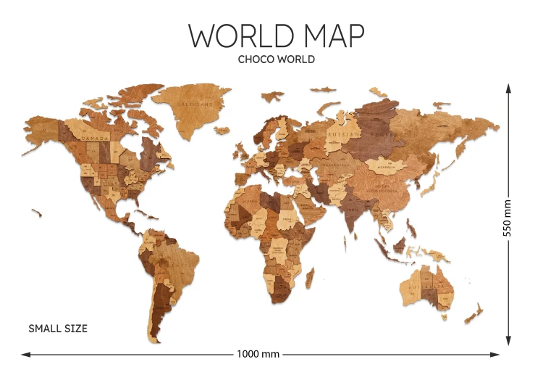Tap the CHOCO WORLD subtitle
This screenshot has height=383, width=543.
(x=276, y=59)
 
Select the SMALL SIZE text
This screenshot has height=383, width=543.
(x=58, y=329)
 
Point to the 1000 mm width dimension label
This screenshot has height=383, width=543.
(x=258, y=355)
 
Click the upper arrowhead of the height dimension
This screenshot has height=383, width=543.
(x=508, y=88)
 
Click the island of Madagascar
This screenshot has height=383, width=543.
(x=310, y=276)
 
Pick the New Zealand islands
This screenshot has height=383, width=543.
(x=475, y=313)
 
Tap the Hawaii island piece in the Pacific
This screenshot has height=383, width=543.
(x=37, y=212)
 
